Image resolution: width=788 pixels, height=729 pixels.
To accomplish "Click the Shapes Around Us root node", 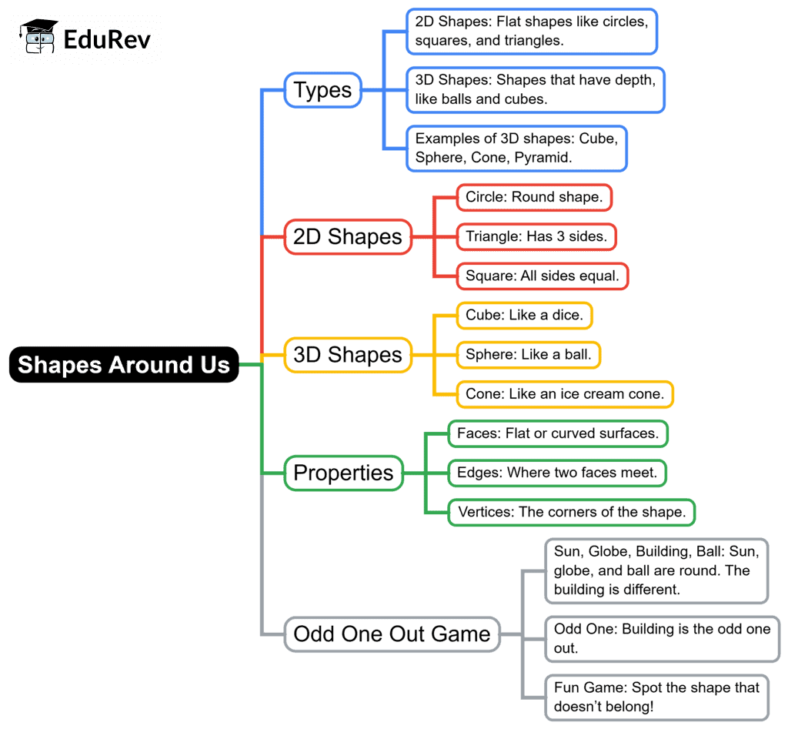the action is [124, 365].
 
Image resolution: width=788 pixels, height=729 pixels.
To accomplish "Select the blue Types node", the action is [322, 90].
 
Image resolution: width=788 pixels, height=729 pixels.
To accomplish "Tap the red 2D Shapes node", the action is [348, 237].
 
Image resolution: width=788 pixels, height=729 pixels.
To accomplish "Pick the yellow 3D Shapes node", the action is [348, 355].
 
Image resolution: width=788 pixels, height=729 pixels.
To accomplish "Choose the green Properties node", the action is [344, 473].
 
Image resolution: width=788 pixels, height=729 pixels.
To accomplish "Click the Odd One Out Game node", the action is [392, 634].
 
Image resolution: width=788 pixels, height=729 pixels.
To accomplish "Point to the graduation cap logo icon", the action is [38, 36].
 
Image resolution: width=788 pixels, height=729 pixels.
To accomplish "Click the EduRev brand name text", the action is [107, 40].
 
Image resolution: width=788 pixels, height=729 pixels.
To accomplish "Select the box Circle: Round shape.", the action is [534, 197].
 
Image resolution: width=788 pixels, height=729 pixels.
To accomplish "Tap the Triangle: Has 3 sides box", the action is [536, 237].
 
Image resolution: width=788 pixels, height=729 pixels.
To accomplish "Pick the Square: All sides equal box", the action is [543, 276].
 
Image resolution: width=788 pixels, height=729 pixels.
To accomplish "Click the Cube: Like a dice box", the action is [524, 315].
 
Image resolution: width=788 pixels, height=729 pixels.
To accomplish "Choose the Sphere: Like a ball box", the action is [528, 355].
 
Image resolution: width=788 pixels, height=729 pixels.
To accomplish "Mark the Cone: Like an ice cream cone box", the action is [565, 394].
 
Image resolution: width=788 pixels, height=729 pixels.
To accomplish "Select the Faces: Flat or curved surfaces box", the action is [558, 433].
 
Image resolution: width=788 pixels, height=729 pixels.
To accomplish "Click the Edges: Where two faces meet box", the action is [557, 473].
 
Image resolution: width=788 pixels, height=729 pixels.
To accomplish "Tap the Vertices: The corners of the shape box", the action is [572, 513].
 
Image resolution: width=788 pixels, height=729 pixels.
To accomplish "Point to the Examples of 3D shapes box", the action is [516, 149].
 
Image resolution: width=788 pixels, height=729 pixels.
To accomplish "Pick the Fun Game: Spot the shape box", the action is [657, 697].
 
